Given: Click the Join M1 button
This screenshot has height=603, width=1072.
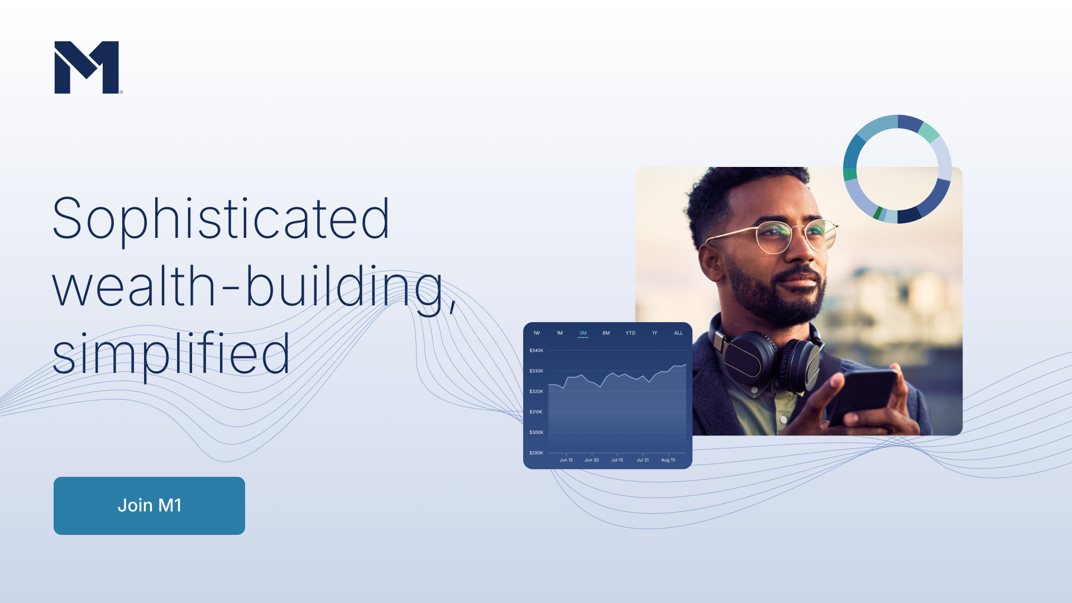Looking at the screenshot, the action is (149, 505).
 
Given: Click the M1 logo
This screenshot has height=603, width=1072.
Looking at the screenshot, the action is (88, 67).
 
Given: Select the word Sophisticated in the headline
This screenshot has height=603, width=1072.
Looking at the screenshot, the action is (221, 219).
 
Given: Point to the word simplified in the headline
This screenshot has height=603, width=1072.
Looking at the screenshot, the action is (171, 353).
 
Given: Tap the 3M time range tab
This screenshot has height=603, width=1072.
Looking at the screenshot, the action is (583, 333).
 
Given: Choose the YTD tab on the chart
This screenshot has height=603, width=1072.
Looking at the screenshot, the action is (630, 333).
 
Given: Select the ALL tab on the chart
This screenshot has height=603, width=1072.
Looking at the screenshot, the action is (678, 333).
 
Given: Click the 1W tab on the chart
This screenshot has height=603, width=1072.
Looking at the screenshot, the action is (537, 333).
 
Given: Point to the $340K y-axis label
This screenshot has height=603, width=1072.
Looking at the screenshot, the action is (536, 351).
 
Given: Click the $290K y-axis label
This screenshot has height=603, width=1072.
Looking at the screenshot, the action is (536, 453).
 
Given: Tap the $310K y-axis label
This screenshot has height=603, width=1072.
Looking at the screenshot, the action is (536, 412).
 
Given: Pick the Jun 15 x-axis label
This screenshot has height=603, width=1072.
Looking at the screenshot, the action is (566, 460).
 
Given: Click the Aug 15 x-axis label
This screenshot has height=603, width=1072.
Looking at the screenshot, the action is (668, 460).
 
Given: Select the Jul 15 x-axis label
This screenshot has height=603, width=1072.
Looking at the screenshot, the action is (617, 460).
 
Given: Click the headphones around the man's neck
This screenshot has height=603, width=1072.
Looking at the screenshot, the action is (765, 357).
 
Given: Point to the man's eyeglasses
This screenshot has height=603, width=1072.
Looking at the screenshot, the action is (776, 237).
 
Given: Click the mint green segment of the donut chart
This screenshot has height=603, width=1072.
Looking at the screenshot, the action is (929, 132).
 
